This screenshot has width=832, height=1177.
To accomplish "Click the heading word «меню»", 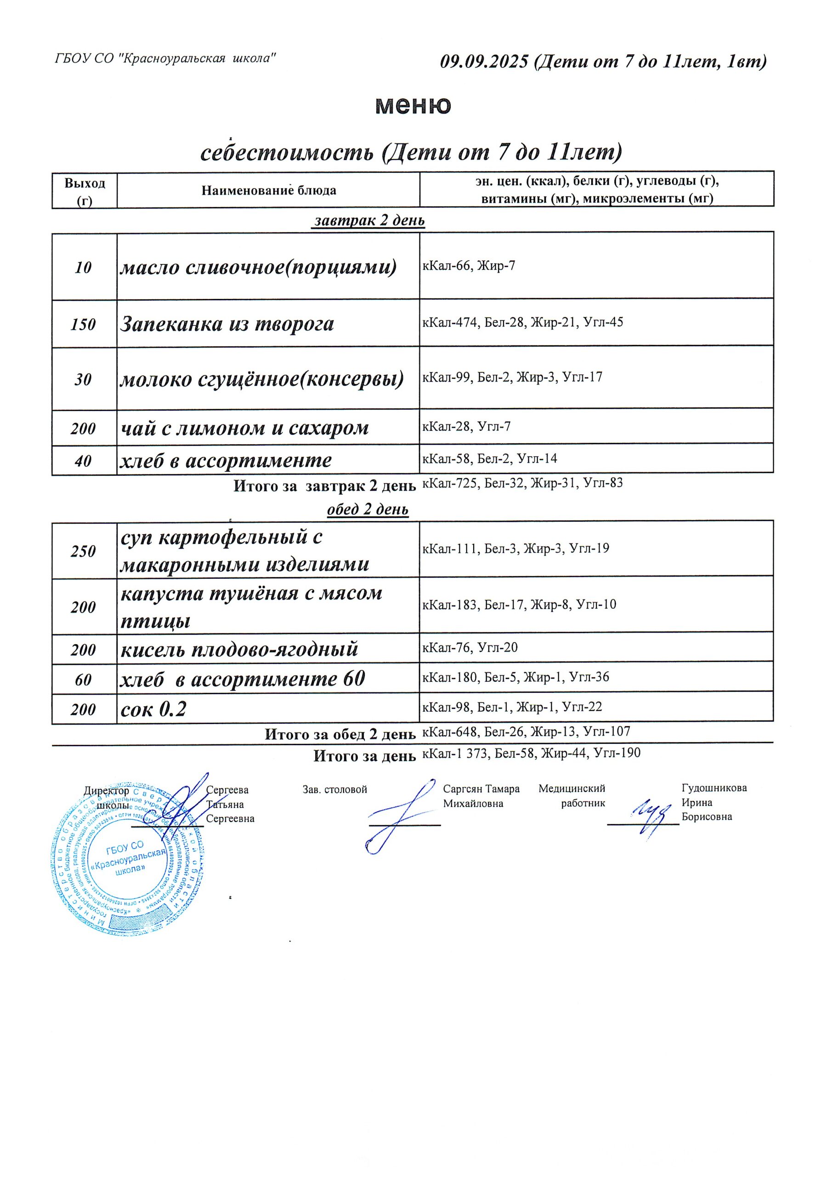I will click(x=413, y=105).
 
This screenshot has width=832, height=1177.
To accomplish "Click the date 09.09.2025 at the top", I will click(x=484, y=62).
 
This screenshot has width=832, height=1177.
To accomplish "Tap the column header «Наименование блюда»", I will click(x=268, y=191).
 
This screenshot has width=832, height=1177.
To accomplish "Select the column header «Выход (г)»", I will click(x=85, y=191).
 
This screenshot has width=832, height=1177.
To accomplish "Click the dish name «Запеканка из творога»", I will click(x=226, y=324).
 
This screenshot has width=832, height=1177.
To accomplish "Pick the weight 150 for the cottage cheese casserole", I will click(x=83, y=325).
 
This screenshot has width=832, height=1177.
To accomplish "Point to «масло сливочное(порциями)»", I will click(x=258, y=267).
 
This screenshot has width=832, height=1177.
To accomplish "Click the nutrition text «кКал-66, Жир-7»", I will click(x=468, y=266).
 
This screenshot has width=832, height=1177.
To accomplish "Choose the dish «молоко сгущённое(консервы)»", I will click(x=262, y=379).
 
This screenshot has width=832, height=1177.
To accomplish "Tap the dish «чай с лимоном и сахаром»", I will click(x=244, y=428).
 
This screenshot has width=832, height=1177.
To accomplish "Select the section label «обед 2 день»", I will click(x=368, y=509).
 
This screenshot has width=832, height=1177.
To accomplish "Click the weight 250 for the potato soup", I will click(x=83, y=551).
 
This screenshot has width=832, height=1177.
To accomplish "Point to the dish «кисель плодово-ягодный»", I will click(x=239, y=649).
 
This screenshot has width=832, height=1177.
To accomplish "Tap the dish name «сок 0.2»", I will click(x=153, y=709).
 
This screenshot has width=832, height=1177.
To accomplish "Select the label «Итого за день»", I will click(x=364, y=755).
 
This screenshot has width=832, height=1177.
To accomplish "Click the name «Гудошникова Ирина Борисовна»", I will click(x=713, y=802).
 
